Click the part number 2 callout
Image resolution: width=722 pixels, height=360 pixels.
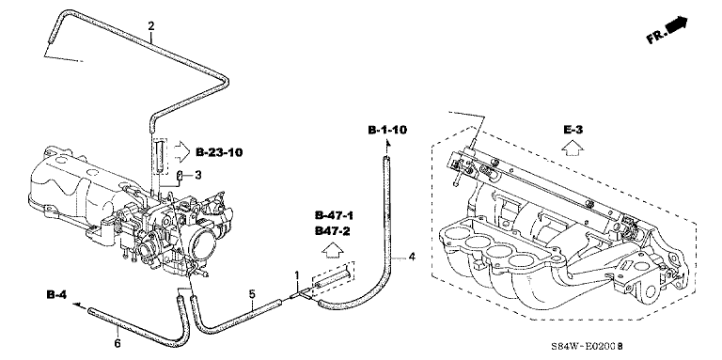151,25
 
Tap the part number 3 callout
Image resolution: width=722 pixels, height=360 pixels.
197,175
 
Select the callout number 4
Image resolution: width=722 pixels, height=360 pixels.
412,257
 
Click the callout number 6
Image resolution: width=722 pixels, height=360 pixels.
118,343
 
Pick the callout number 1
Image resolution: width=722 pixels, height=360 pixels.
297,275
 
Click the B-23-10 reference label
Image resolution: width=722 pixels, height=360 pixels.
219,152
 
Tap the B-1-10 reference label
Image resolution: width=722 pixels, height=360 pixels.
387,130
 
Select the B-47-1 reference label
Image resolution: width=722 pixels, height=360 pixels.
335,215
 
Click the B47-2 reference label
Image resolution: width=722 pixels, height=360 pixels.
333,231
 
